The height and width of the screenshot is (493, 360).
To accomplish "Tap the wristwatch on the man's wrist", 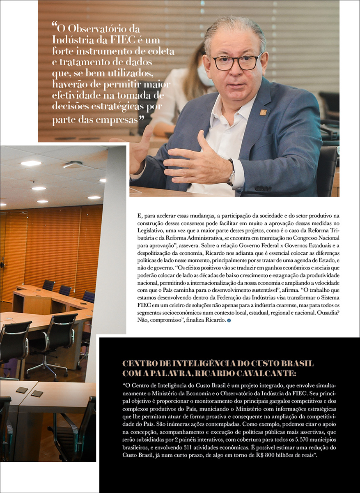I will click(x=232, y=173).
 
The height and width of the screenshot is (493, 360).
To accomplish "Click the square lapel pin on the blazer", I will click(x=263, y=112).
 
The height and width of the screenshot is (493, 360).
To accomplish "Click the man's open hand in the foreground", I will click(x=197, y=160).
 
